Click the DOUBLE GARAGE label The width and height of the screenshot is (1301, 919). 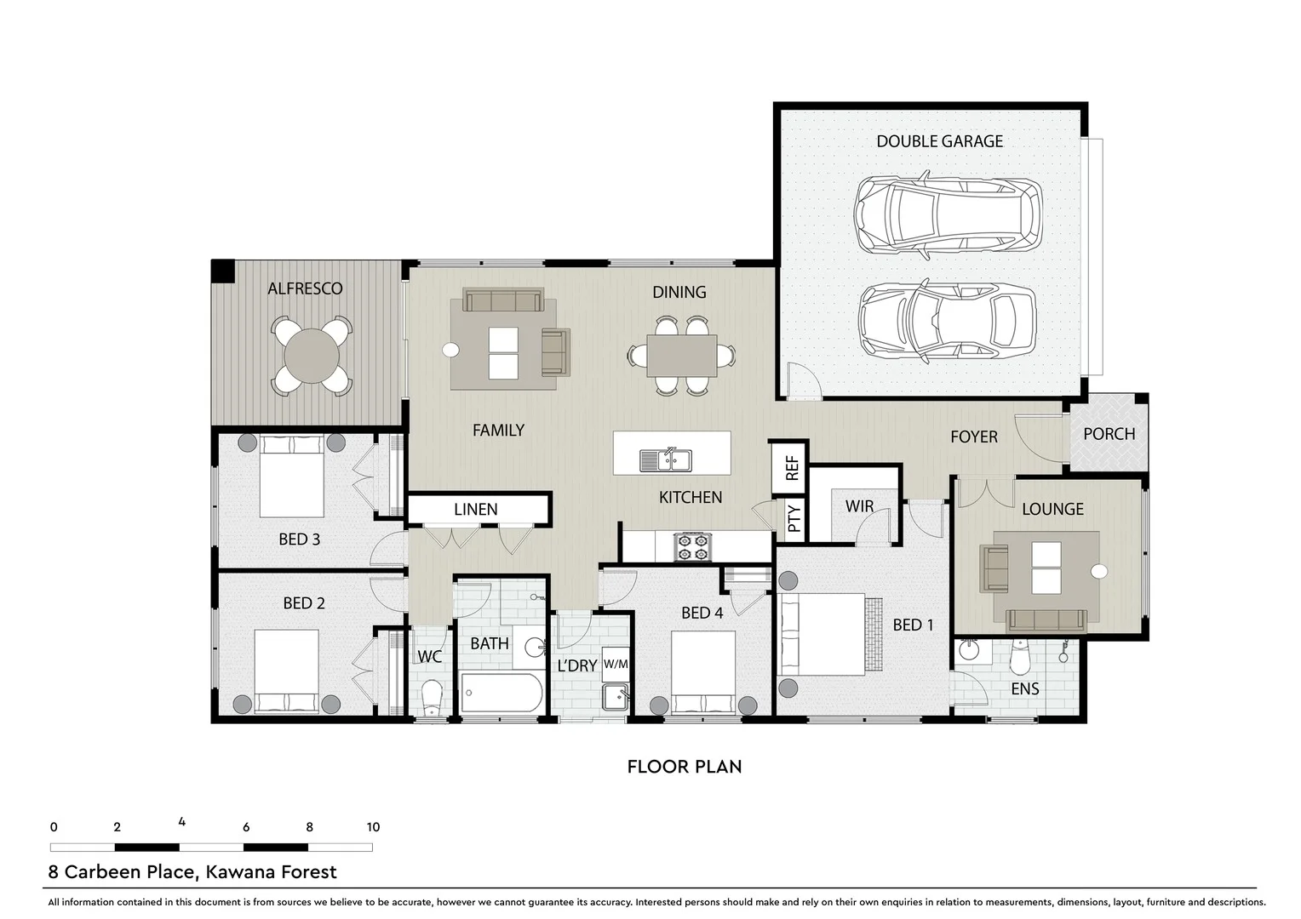(x=939, y=141)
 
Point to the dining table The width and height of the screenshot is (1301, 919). (x=681, y=355)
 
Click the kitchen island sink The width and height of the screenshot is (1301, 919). (x=667, y=459)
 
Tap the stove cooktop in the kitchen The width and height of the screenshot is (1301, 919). (x=691, y=546)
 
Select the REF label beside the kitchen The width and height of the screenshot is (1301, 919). (x=791, y=467)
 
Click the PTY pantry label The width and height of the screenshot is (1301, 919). (x=794, y=518)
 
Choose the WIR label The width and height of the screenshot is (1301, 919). (x=859, y=506)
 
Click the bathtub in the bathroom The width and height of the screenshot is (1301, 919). (x=501, y=693)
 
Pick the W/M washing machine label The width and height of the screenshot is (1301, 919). (x=615, y=664)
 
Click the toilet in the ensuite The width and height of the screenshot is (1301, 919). (x=1018, y=656)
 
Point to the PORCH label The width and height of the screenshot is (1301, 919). (x=1109, y=434)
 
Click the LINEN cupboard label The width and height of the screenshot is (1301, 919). (x=475, y=510)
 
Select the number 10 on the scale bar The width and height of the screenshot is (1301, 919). (x=373, y=827)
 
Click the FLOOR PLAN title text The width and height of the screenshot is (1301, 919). (x=685, y=767)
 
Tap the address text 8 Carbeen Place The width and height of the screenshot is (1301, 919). (x=192, y=872)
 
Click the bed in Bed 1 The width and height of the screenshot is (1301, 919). (x=822, y=635)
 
